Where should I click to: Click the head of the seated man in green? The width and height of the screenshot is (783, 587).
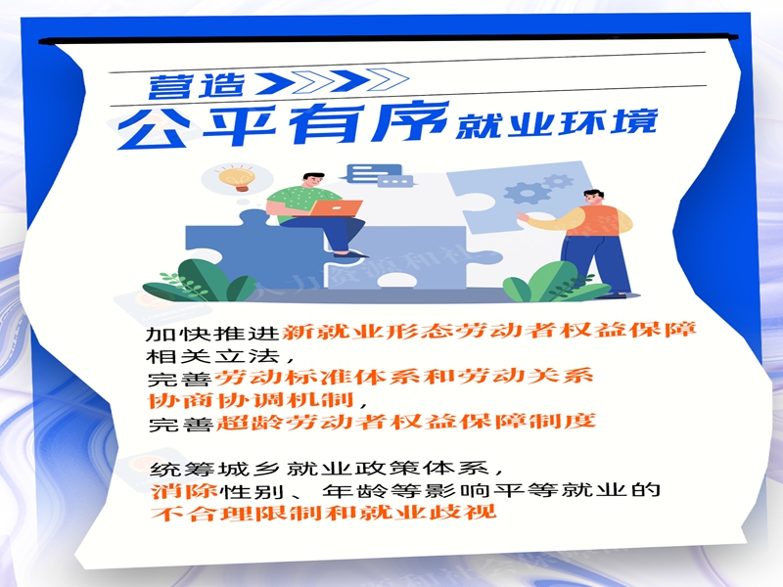pyautogui.click(x=311, y=182)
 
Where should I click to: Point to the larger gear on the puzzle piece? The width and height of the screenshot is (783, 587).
pyautogui.click(x=523, y=191)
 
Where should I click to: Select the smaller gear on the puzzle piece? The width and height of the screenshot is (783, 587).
pyautogui.click(x=556, y=181)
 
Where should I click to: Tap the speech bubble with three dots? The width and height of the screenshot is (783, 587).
pyautogui.click(x=393, y=181)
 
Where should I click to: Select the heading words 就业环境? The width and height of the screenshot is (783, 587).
pyautogui.click(x=555, y=126)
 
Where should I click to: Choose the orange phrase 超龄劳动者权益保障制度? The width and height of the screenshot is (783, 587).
pyautogui.click(x=404, y=423)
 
